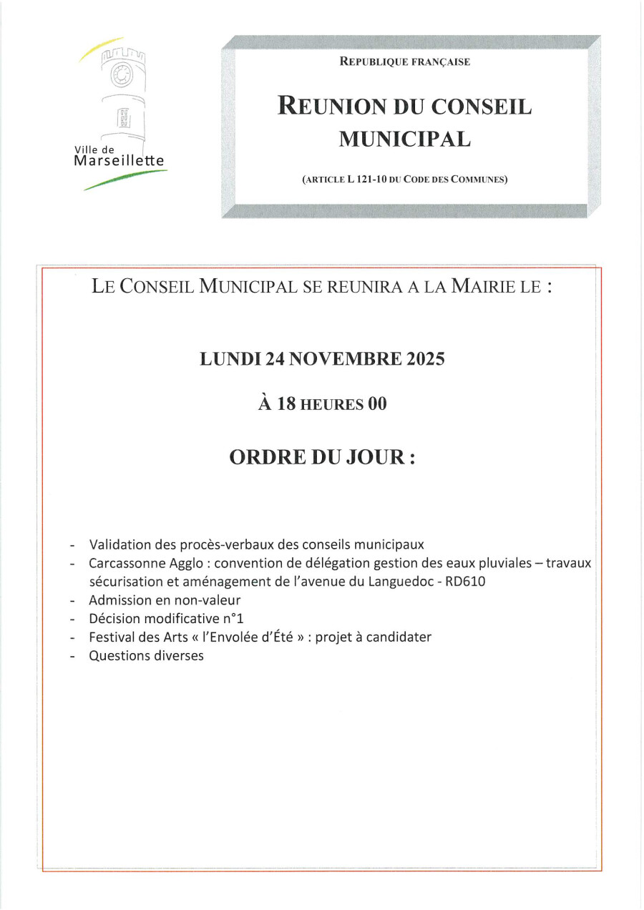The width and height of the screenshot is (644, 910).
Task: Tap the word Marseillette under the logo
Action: tap(119, 161)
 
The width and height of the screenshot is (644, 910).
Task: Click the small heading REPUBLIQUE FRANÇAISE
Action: tap(405, 62)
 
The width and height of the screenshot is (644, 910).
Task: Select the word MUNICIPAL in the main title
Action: tap(405, 139)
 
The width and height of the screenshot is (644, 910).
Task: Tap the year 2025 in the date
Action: tap(421, 359)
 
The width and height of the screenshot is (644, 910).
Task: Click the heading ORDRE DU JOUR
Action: tap(322, 458)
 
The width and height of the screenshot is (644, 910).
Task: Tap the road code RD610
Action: tap(465, 582)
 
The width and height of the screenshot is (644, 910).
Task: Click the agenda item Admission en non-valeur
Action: tap(165, 600)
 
